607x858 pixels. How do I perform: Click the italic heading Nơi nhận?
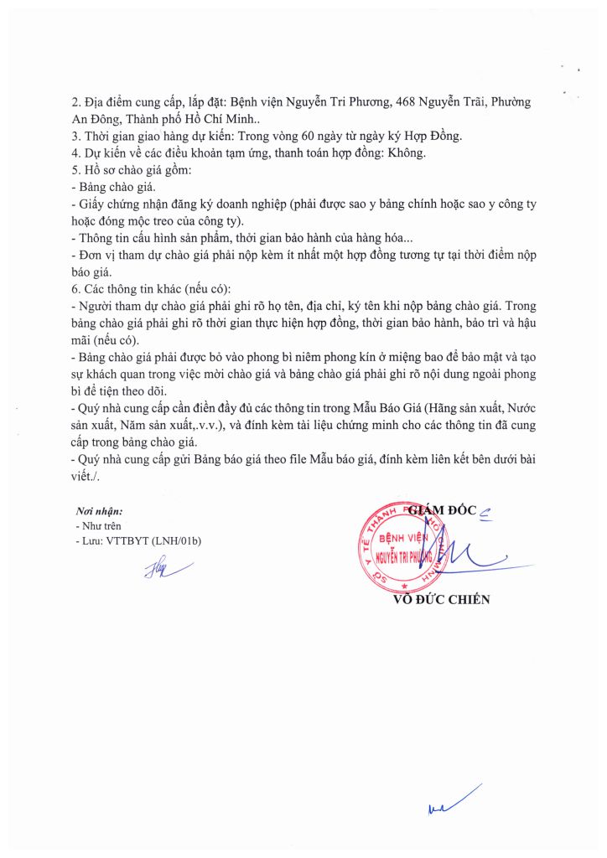click(99, 510)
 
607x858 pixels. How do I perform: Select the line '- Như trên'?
click(97, 525)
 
